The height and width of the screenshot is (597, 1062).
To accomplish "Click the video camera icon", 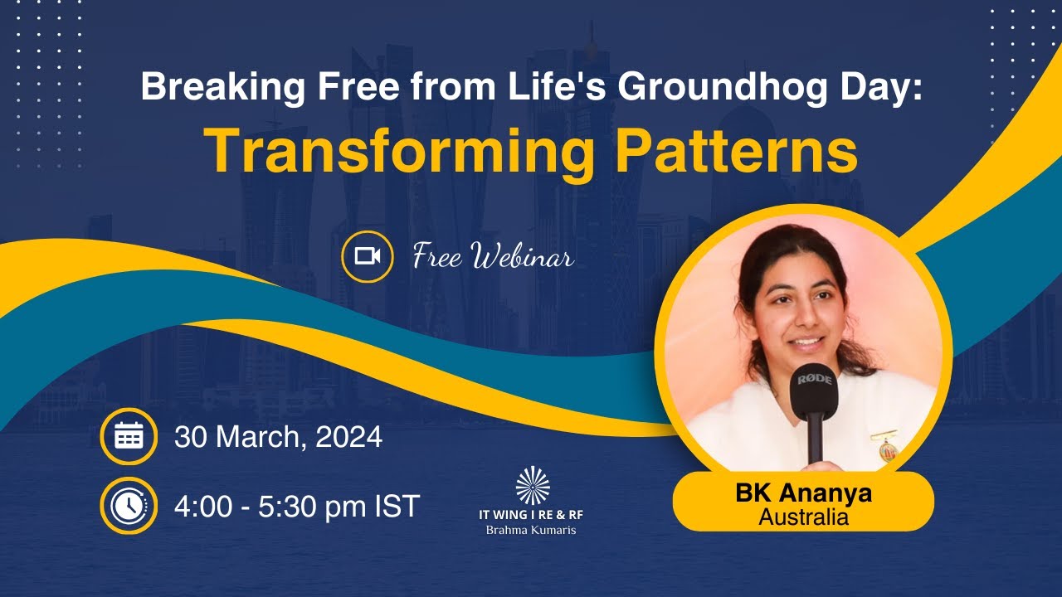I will tap(367, 256).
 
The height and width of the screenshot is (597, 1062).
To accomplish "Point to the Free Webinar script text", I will tap(493, 256).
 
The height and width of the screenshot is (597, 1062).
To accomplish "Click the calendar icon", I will tap(129, 436).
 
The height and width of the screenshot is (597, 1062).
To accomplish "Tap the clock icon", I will tap(129, 506).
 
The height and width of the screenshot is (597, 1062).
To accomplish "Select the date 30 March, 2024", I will tap(278, 437).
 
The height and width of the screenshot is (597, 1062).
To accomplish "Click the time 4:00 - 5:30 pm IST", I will tap(297, 506).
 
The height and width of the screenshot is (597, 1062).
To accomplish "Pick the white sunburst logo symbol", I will tap(532, 486).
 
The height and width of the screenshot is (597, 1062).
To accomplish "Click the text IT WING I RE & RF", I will tap(531, 514).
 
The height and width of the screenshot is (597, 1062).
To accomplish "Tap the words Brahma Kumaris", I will tap(531, 529).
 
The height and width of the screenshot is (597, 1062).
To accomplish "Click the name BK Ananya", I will tap(803, 493).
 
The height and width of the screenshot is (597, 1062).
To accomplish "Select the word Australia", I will tap(803, 517).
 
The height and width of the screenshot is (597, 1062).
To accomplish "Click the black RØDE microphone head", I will tap(813, 390).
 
